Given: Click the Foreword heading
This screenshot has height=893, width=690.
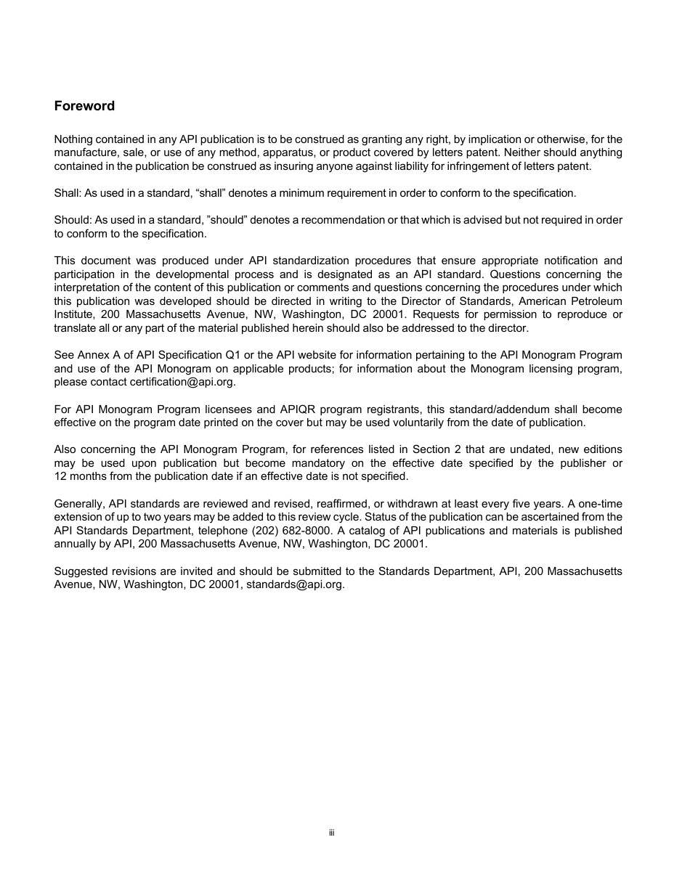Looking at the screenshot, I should coord(84,106).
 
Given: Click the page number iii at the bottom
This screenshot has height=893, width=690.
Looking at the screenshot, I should coord(331,833).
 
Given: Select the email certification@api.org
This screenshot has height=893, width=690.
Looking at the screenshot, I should coord(182,382).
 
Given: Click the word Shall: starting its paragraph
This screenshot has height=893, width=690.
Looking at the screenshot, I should coord(68,193).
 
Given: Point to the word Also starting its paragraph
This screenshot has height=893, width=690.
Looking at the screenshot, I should coord(66,449).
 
